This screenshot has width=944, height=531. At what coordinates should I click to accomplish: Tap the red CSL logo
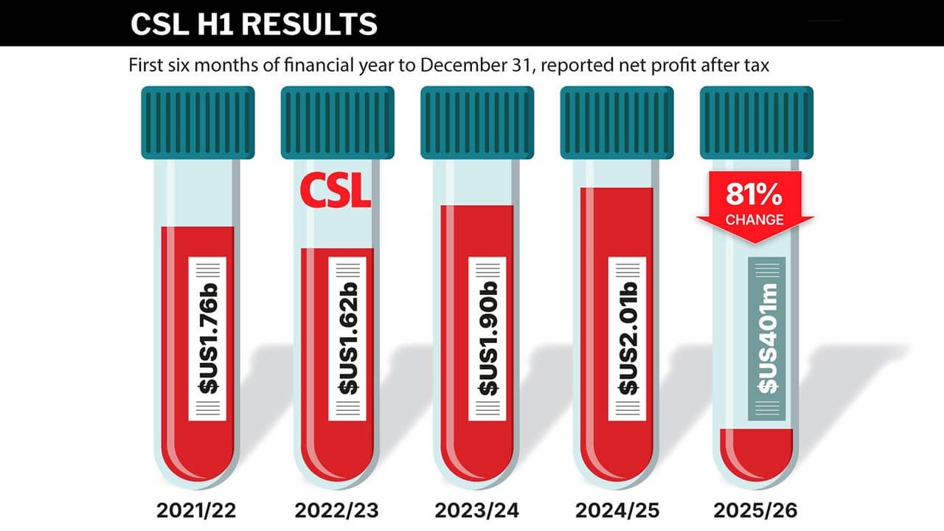tap(336, 191)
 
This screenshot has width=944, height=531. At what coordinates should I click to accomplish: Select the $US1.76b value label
tap(207, 339)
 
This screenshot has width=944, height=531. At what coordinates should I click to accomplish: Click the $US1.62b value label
tap(348, 339)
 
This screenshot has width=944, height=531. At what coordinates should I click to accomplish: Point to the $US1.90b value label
tap(487, 339)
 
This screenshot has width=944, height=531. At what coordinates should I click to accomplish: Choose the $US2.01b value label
tap(627, 339)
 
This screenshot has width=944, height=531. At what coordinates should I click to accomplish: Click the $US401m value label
tap(766, 339)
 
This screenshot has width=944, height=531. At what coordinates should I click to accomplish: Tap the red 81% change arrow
tap(755, 206)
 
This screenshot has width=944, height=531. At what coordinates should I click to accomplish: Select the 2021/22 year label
tap(197, 510)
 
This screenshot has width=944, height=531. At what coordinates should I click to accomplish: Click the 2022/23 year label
tap(337, 510)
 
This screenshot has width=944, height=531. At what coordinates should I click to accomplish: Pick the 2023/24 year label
tap(477, 510)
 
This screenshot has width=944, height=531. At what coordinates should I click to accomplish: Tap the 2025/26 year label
tap(757, 510)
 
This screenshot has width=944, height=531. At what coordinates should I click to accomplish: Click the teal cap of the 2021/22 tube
tap(198, 122)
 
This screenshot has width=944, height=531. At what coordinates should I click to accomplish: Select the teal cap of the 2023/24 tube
tap(477, 122)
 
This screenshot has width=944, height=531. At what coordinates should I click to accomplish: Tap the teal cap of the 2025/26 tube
tap(757, 122)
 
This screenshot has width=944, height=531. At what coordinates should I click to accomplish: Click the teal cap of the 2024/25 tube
tap(617, 122)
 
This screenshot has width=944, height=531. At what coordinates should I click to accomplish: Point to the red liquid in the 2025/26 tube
tap(757, 450)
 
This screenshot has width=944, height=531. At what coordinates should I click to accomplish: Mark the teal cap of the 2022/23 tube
tap(337, 122)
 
